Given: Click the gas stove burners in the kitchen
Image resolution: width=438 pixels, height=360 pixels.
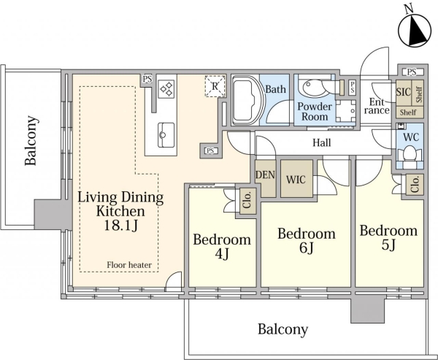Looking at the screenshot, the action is [x=166, y=88].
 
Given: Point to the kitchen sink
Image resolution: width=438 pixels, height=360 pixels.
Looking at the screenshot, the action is [x=166, y=134].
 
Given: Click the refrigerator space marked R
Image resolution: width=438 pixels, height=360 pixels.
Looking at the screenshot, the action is [x=215, y=86].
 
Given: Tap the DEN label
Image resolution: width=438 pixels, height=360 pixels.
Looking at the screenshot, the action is [x=266, y=175].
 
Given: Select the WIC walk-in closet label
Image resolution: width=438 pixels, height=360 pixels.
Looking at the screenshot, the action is [x=296, y=180].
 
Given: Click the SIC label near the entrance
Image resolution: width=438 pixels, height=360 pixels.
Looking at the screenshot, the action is [x=404, y=91].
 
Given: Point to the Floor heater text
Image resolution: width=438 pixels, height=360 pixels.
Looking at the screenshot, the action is [x=129, y=264].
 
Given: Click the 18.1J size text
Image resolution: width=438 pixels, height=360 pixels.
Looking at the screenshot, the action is [x=120, y=226].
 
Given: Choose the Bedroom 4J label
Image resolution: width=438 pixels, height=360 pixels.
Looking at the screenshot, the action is [x=222, y=247].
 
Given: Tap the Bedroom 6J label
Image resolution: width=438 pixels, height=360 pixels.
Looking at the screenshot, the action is [x=307, y=240].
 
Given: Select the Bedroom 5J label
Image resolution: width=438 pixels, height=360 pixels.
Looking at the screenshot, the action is [x=388, y=237].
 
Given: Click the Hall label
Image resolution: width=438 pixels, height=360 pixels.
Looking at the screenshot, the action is [x=321, y=143].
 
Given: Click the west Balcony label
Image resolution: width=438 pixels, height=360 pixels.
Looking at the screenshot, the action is [x=31, y=140].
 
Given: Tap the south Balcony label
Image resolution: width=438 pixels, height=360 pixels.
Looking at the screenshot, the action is [x=283, y=329].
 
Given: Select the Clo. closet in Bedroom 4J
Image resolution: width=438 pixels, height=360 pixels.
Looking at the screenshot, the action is [x=247, y=201].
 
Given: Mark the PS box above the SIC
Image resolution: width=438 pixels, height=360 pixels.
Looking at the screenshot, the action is [x=412, y=72].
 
